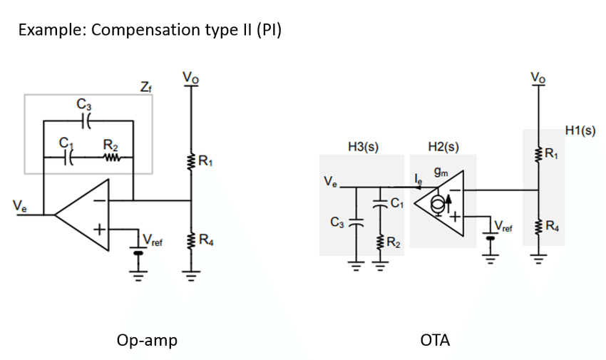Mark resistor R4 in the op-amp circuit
tap(191, 240)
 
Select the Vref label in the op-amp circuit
tap(153, 240)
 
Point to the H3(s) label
tap(363, 146)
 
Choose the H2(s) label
tap(443, 146)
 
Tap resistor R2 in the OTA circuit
tap(380, 242)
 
